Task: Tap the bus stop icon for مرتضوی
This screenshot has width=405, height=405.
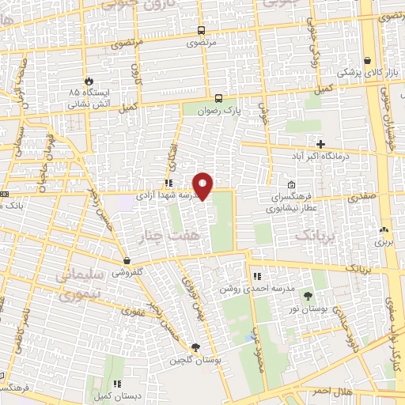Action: [x=202, y=31]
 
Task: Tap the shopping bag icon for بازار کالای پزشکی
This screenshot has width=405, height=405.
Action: [x=368, y=60]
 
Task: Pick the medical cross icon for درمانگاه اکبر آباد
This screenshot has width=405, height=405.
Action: [x=320, y=144]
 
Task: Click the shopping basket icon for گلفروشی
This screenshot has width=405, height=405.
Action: [x=127, y=260]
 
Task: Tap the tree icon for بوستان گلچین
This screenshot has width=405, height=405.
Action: [x=195, y=346]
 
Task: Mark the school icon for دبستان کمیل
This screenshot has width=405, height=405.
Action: [x=118, y=384]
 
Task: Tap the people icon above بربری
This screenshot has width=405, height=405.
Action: [x=384, y=227]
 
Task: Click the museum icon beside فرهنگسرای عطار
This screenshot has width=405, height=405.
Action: [x=291, y=185]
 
